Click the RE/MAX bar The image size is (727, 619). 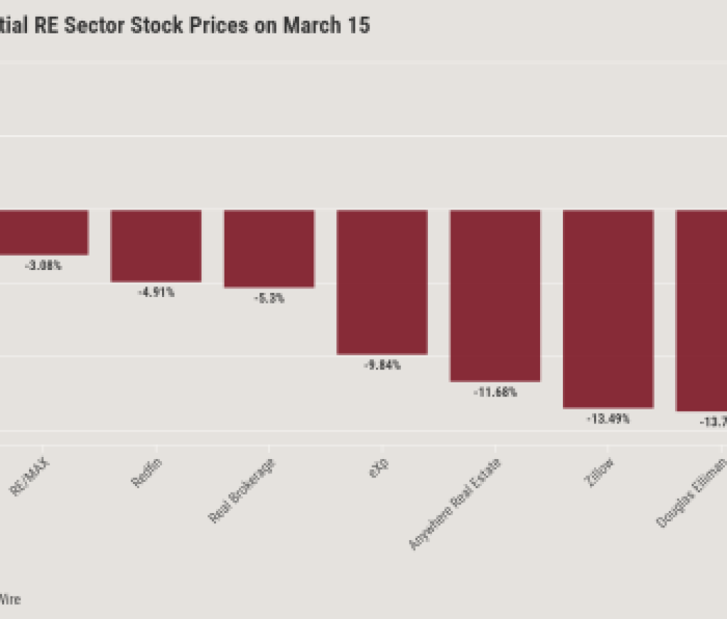point(44,232)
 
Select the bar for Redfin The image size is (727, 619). point(156,245)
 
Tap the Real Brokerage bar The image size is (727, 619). point(269,248)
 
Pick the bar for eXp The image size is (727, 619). point(382,281)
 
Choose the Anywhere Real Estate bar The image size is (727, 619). point(495,295)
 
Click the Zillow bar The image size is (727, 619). point(608,308)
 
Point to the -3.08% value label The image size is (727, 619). point(43,266)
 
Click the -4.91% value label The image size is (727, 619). point(156,293)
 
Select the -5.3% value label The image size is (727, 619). point(269,298)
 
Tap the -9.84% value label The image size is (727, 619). point(382,365)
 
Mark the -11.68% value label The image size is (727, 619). point(495,392)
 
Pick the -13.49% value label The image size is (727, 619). point(608,419)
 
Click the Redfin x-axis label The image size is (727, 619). point(146,473)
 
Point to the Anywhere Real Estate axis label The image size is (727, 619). point(456,504)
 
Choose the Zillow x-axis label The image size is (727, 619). point(598,472)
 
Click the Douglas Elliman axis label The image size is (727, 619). point(691,492)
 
